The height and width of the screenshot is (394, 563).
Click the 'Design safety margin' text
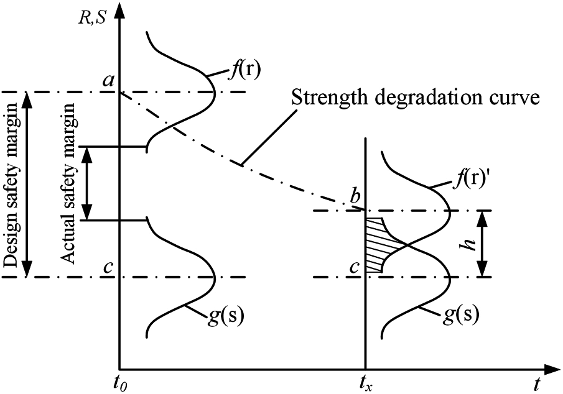[x=11, y=185]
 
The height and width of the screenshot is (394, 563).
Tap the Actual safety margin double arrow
[x=88, y=183]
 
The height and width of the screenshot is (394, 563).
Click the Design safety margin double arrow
[x=26, y=185]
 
